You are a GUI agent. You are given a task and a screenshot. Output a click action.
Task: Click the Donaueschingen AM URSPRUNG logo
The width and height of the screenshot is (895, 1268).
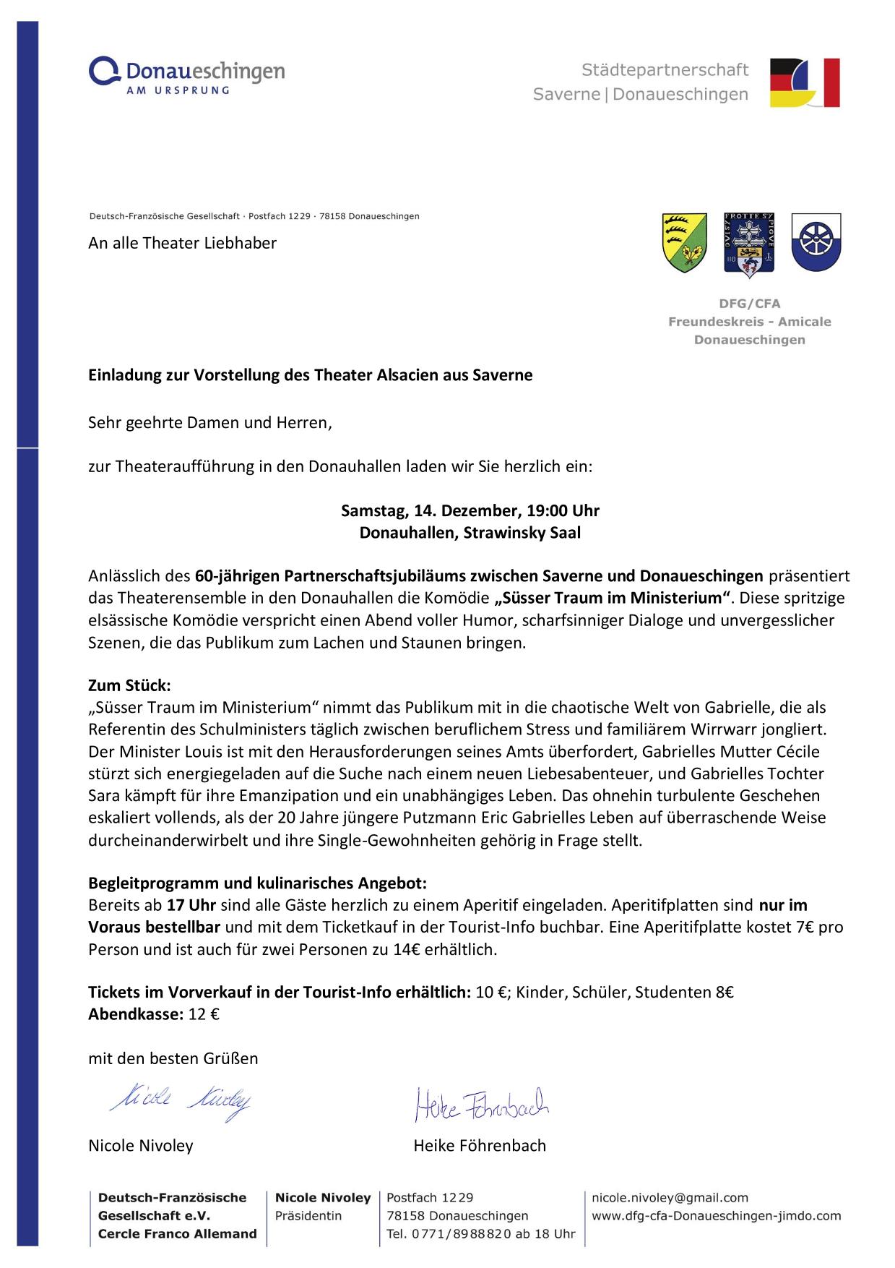point(186,76)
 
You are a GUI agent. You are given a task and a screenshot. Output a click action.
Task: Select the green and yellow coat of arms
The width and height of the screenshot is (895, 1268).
point(685,242)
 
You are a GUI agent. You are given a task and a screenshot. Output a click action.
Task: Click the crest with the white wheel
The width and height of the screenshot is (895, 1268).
point(816,241)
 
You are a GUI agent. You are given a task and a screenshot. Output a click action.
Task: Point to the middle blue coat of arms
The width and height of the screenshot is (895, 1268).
point(749,242)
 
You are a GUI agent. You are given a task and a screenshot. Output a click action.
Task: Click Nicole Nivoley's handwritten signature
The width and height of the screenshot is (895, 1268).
point(181,1100)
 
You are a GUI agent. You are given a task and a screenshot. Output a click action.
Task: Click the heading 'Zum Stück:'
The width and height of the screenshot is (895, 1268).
point(129,685)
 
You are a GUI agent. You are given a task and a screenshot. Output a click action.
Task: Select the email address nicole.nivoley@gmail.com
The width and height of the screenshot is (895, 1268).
point(670,1198)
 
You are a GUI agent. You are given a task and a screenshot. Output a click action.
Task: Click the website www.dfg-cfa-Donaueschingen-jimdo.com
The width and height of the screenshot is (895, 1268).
point(716,1216)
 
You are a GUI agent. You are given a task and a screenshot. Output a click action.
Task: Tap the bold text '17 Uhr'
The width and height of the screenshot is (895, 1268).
point(192,905)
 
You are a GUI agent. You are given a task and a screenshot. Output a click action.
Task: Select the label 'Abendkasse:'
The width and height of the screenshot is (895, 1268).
point(136,1014)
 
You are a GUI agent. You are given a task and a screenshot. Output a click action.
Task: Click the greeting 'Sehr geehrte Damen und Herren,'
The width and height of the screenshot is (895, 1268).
point(210,422)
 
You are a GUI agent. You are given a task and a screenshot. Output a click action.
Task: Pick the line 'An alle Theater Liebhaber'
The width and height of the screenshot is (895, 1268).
point(183,243)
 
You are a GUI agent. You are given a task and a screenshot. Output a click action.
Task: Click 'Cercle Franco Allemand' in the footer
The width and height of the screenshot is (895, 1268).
point(177,1234)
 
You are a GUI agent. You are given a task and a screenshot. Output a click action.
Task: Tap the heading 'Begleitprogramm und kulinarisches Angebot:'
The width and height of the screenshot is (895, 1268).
point(258,883)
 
